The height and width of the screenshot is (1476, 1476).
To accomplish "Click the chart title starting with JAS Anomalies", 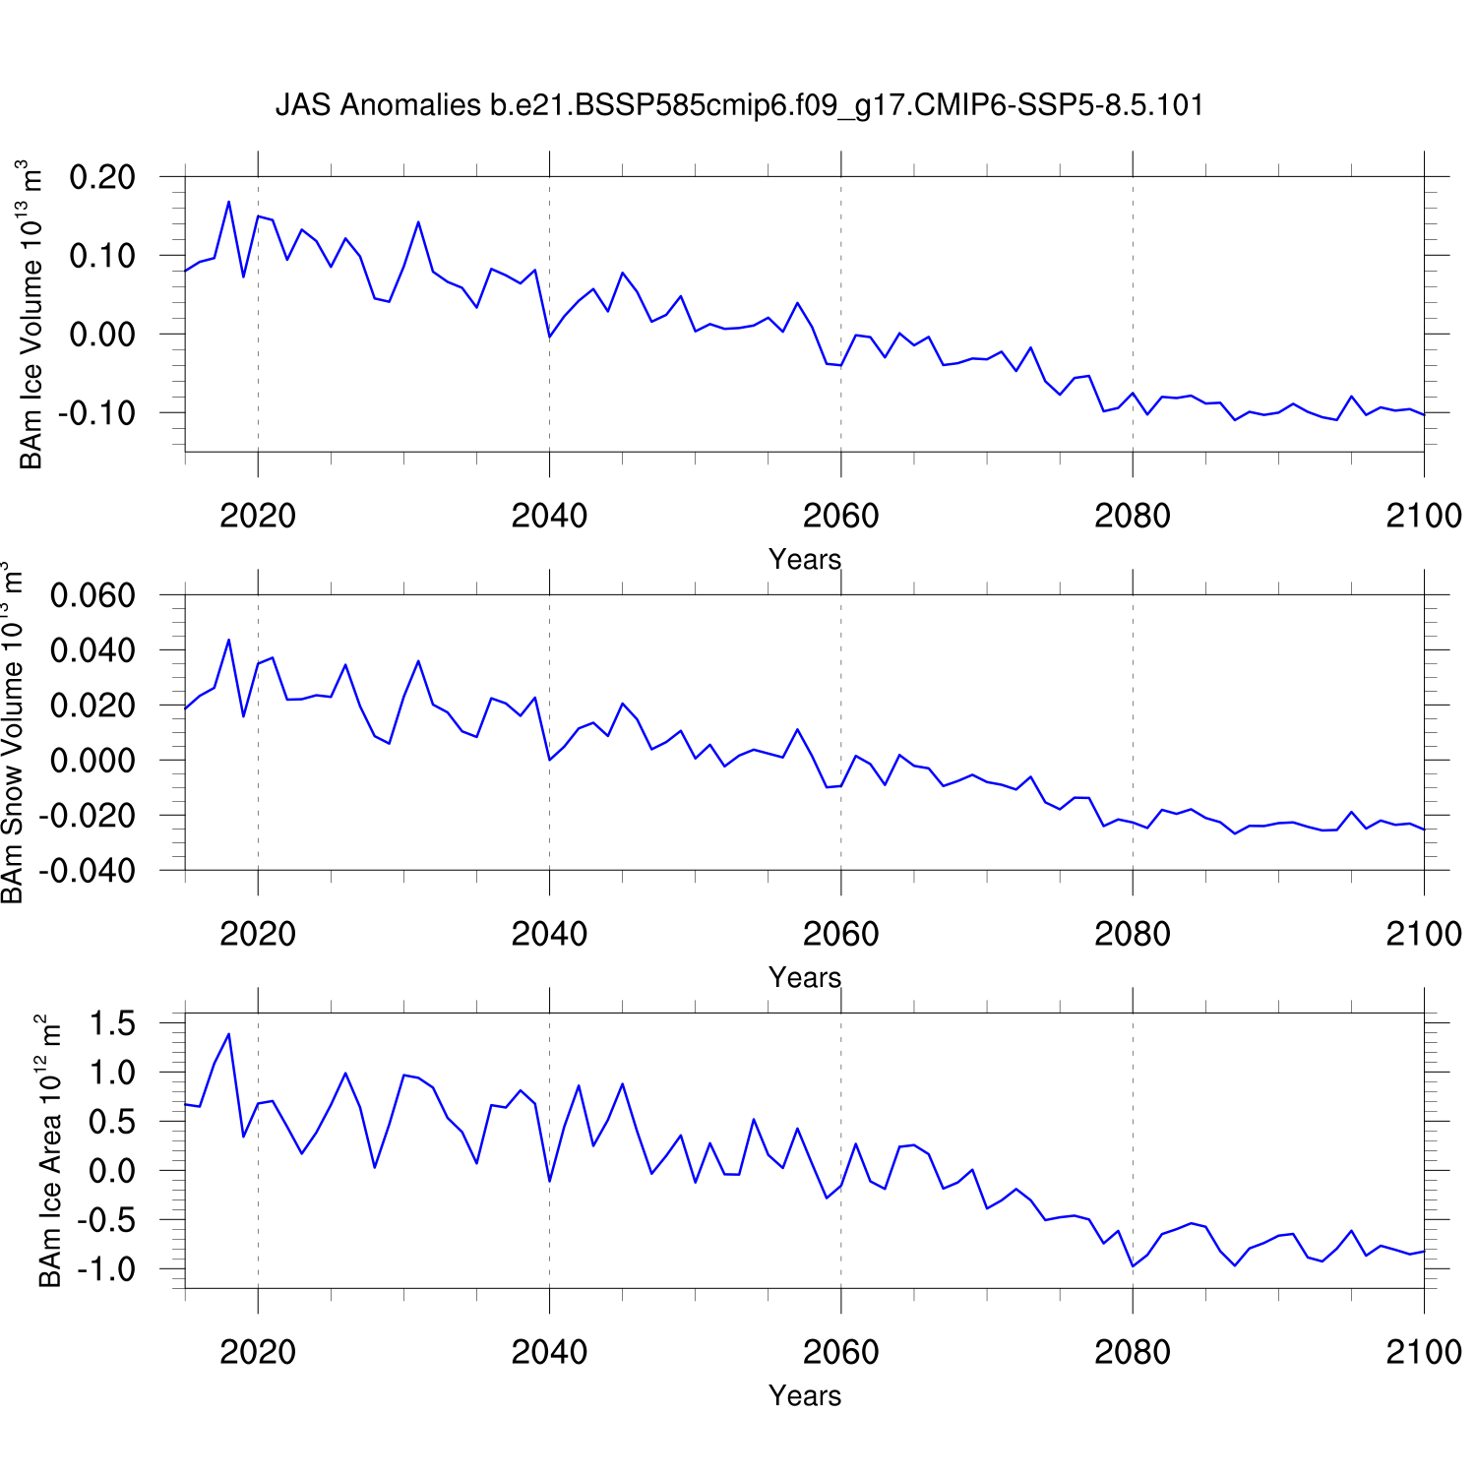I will tap(739, 105).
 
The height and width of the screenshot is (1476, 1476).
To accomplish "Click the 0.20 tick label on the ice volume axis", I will tap(102, 177).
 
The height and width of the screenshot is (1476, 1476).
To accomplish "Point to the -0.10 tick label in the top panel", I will tap(96, 413).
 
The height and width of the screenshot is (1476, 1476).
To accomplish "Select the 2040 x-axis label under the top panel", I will tap(549, 516).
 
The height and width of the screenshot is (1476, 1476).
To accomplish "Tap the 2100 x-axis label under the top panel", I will tap(1423, 516).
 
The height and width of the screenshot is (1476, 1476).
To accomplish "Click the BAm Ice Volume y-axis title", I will tap(31, 315).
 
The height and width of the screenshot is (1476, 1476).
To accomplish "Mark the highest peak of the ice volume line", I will tap(228, 202).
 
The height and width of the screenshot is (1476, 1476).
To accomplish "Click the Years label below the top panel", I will tap(805, 559).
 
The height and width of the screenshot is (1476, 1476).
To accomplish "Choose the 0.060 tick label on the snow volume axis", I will tap(92, 595).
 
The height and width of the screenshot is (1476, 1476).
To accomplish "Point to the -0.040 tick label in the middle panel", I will tap(87, 871).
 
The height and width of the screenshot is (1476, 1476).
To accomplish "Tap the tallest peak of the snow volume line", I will tap(228, 640).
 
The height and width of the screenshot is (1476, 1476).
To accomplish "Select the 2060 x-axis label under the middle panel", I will tap(840, 934).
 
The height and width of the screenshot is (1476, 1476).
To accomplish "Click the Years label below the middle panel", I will tap(805, 977).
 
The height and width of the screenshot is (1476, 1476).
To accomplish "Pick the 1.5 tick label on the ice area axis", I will tap(112, 1023).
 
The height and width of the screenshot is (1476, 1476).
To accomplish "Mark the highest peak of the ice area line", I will tap(228, 1034).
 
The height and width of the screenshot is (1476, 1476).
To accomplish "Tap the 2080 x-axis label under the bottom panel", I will tap(1132, 1352).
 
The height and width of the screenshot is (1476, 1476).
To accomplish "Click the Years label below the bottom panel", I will tap(805, 1395).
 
